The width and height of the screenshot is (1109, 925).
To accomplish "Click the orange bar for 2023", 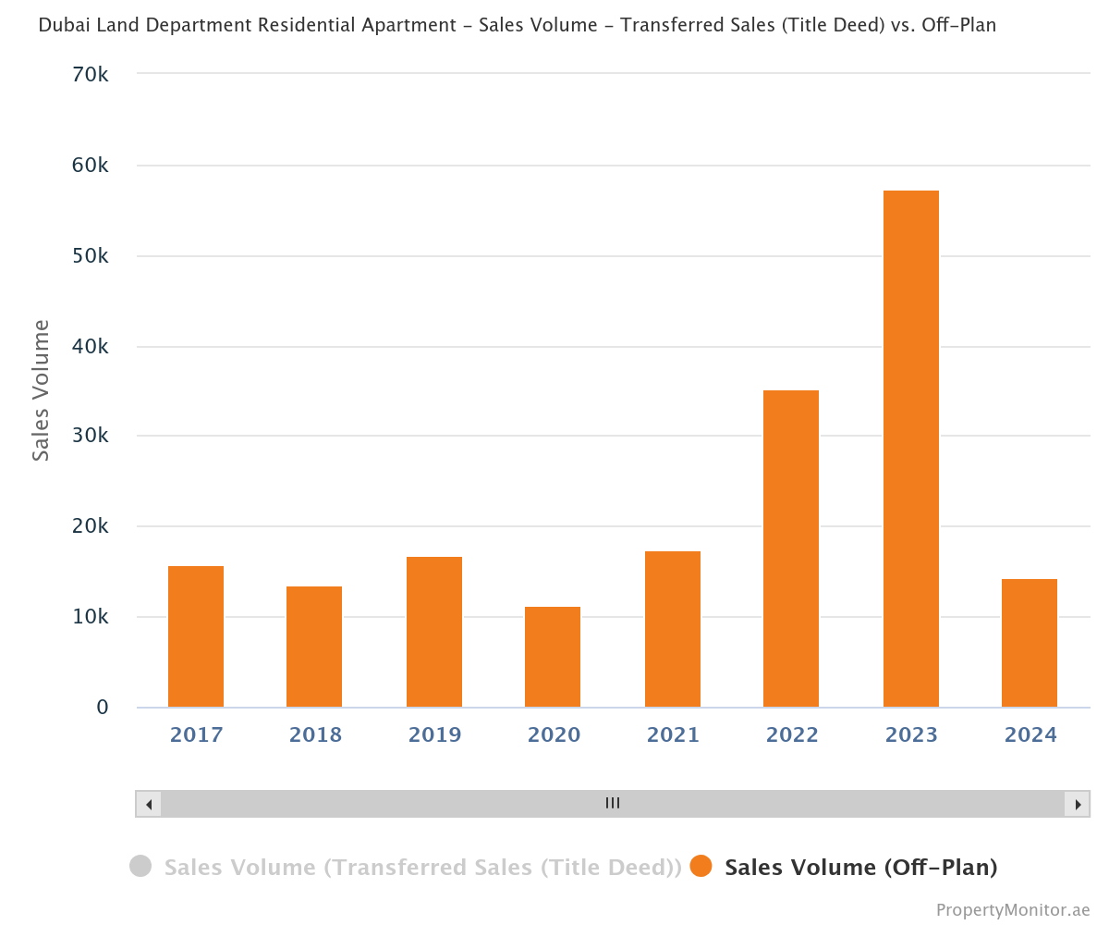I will pyautogui.click(x=910, y=449).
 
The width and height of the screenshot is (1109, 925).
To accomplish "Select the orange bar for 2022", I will pyautogui.click(x=791, y=549).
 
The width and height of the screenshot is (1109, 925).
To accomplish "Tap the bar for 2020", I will pyautogui.click(x=553, y=657).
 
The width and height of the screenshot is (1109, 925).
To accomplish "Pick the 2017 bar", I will pyautogui.click(x=196, y=636).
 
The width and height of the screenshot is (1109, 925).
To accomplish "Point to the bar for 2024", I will pyautogui.click(x=1030, y=643).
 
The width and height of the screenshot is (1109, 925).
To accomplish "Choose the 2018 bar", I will pyautogui.click(x=314, y=647).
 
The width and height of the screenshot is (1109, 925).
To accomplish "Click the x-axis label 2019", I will pyautogui.click(x=434, y=734).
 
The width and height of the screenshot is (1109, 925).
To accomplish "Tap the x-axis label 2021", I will pyautogui.click(x=673, y=734).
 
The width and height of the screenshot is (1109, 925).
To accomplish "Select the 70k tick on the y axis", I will pyautogui.click(x=91, y=74).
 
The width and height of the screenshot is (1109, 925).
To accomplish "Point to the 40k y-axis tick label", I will pyautogui.click(x=91, y=346).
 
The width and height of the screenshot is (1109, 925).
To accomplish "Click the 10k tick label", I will pyautogui.click(x=91, y=617).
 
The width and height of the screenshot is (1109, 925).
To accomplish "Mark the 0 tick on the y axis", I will pyautogui.click(x=103, y=708).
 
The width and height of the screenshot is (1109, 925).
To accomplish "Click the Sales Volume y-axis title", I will pyautogui.click(x=41, y=390).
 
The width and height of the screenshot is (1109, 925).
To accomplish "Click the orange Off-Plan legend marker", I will pyautogui.click(x=701, y=867).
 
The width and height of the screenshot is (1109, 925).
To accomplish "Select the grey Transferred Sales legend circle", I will pyautogui.click(x=140, y=867).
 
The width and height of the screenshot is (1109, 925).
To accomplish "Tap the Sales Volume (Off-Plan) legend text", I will pyautogui.click(x=860, y=868).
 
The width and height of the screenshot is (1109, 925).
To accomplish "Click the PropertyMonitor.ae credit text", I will pyautogui.click(x=1013, y=910).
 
